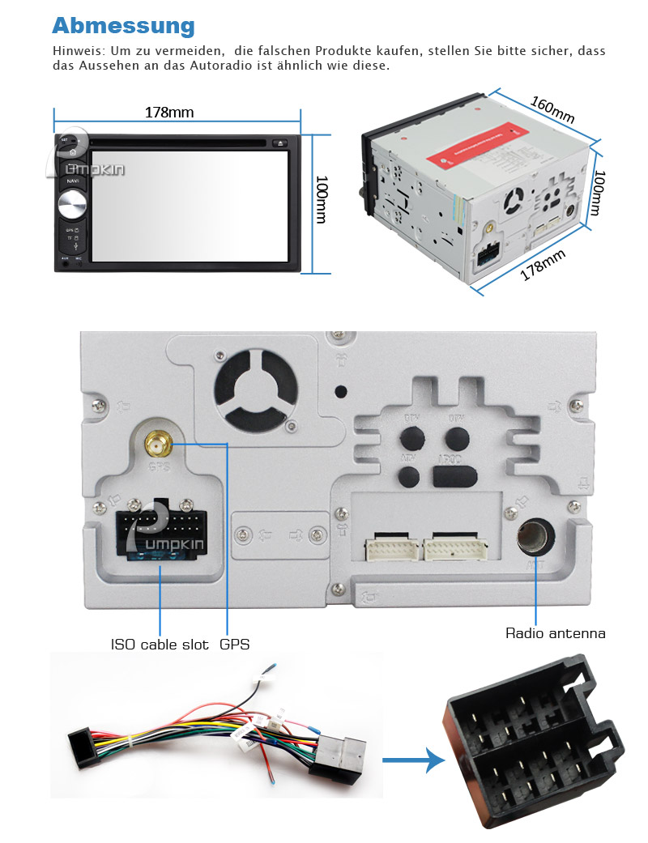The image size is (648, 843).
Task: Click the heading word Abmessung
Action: coord(123,25)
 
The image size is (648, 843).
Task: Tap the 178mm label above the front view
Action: coord(169,113)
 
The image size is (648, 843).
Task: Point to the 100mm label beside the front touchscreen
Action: coord(322,200)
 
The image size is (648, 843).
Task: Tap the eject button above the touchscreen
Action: coord(280,143)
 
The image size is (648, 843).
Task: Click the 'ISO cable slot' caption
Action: coord(160,645)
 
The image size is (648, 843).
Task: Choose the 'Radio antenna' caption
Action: coord(556,633)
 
